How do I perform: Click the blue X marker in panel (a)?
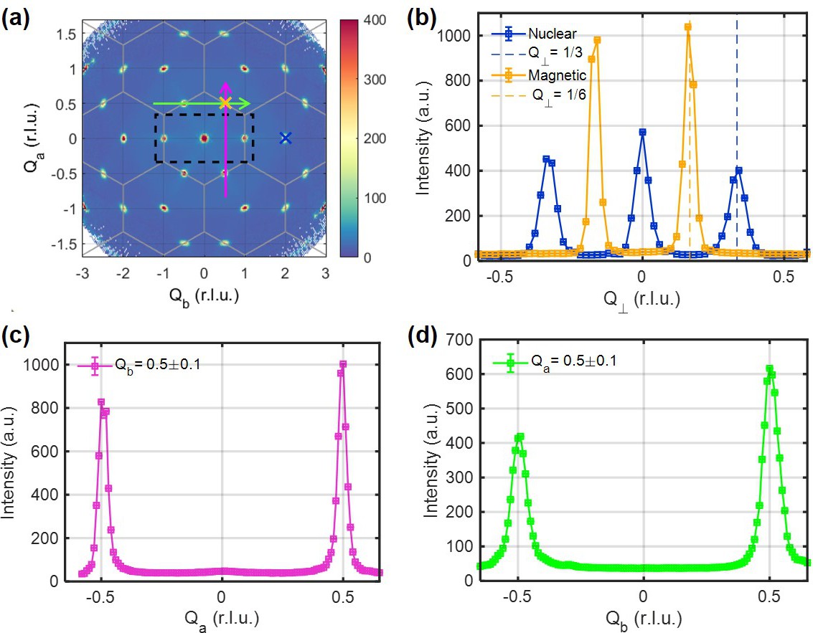pos(286,138)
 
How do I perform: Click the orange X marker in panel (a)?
pos(225,103)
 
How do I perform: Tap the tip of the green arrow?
pos(249,103)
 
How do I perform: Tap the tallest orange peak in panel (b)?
pos(687,27)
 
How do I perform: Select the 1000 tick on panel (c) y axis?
pos(53,364)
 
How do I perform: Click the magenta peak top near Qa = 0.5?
pos(343,364)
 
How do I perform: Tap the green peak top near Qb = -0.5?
pos(520,436)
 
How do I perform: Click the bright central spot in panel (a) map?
pos(205,138)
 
